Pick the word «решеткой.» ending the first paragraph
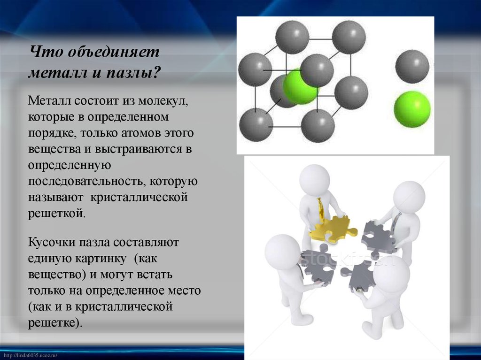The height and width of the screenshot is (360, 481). tap(57, 213)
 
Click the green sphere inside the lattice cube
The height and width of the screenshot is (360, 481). tap(300, 86)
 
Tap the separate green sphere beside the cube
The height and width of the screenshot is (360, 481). tap(412, 109)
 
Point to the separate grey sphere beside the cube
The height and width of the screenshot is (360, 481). tap(412, 66)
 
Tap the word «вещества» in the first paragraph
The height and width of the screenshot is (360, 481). tap(49, 149)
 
